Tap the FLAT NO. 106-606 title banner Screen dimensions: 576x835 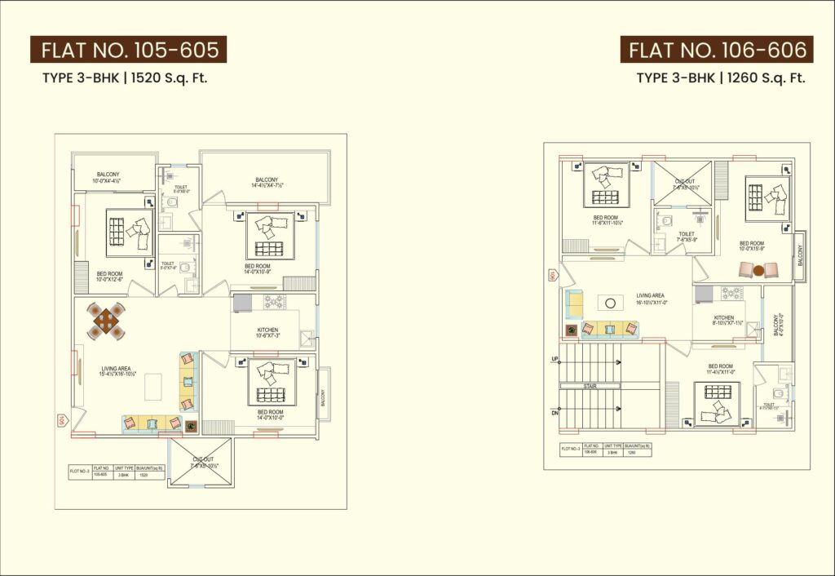coord(718,51)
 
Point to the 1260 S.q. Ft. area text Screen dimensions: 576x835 coord(763,78)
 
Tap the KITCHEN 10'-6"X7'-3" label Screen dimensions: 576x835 coord(267,333)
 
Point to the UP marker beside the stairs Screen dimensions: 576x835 coord(555,359)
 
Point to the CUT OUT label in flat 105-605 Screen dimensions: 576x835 coord(200,462)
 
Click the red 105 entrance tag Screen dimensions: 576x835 coord(60,421)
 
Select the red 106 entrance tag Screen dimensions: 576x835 coord(552,276)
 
